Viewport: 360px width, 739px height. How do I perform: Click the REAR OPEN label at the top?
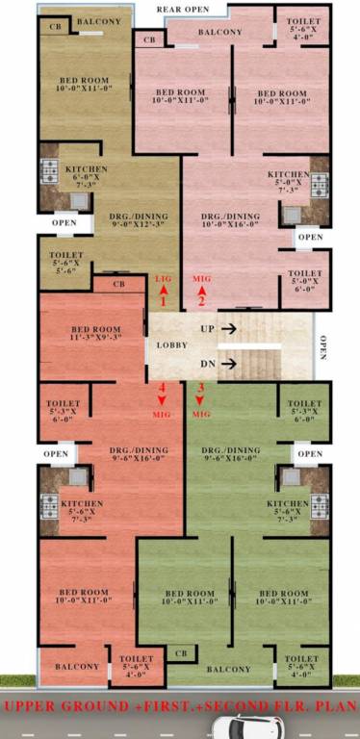point(185,10)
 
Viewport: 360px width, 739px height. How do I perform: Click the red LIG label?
point(163,278)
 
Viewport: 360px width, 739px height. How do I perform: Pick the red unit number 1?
point(163,301)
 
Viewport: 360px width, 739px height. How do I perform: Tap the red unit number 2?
point(201,301)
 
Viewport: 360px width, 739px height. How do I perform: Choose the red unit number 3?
point(200,388)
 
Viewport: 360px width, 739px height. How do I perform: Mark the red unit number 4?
point(162,388)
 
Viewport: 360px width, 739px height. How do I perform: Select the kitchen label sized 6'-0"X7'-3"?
point(86,175)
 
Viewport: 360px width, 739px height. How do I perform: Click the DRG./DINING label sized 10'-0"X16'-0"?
point(230,222)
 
